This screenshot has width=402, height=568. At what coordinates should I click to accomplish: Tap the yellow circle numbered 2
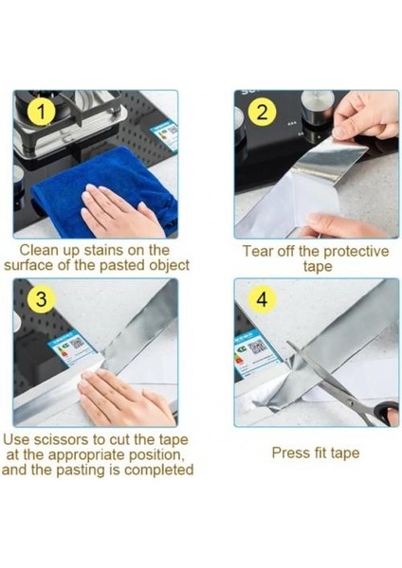coord(262,112)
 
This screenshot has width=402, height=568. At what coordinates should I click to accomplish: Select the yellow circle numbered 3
coord(42,299)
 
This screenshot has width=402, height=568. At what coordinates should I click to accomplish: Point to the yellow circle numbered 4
coord(262,299)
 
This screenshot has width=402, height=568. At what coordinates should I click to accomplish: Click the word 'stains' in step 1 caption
coord(104,250)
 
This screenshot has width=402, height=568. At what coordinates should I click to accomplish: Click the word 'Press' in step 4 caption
coord(287,453)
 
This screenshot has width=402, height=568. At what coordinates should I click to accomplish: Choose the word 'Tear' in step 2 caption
coord(257,252)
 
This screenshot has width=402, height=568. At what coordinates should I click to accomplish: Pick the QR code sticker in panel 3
coord(71,348)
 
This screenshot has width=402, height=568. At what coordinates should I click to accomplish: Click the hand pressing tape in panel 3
coord(125,399)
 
